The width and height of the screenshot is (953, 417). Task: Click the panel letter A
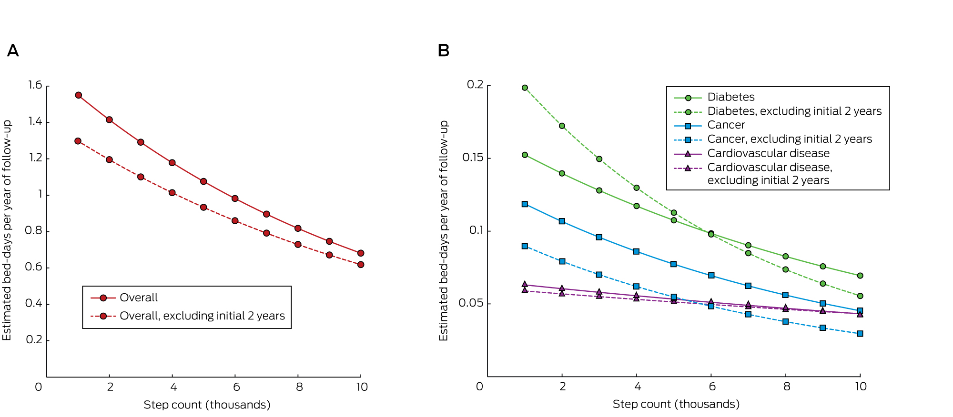[13, 50]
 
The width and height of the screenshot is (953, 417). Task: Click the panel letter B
[443, 50]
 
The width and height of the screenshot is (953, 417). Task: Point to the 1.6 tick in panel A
[35, 85]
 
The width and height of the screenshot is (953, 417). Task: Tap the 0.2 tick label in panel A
[34, 340]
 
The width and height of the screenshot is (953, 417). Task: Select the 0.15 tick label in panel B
[473, 158]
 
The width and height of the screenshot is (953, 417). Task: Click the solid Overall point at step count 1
[79, 95]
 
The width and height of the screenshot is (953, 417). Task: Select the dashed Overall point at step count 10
[361, 265]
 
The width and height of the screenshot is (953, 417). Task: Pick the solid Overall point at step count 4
[172, 163]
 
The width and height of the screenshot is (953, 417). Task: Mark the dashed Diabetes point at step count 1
[525, 88]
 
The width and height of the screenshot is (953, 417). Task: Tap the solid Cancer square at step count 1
[525, 204]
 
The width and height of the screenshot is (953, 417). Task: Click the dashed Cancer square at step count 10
[860, 334]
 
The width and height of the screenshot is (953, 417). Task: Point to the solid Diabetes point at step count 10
[860, 276]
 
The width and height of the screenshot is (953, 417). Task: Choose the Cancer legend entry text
[726, 125]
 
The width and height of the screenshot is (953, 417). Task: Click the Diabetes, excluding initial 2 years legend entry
[794, 111]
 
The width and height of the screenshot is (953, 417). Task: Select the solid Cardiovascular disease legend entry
[768, 153]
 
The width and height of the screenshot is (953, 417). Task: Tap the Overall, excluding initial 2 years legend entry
[202, 316]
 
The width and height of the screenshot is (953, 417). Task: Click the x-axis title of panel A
[207, 405]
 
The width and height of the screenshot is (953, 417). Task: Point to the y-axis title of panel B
[444, 230]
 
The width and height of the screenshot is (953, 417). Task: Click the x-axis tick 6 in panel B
[712, 387]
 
